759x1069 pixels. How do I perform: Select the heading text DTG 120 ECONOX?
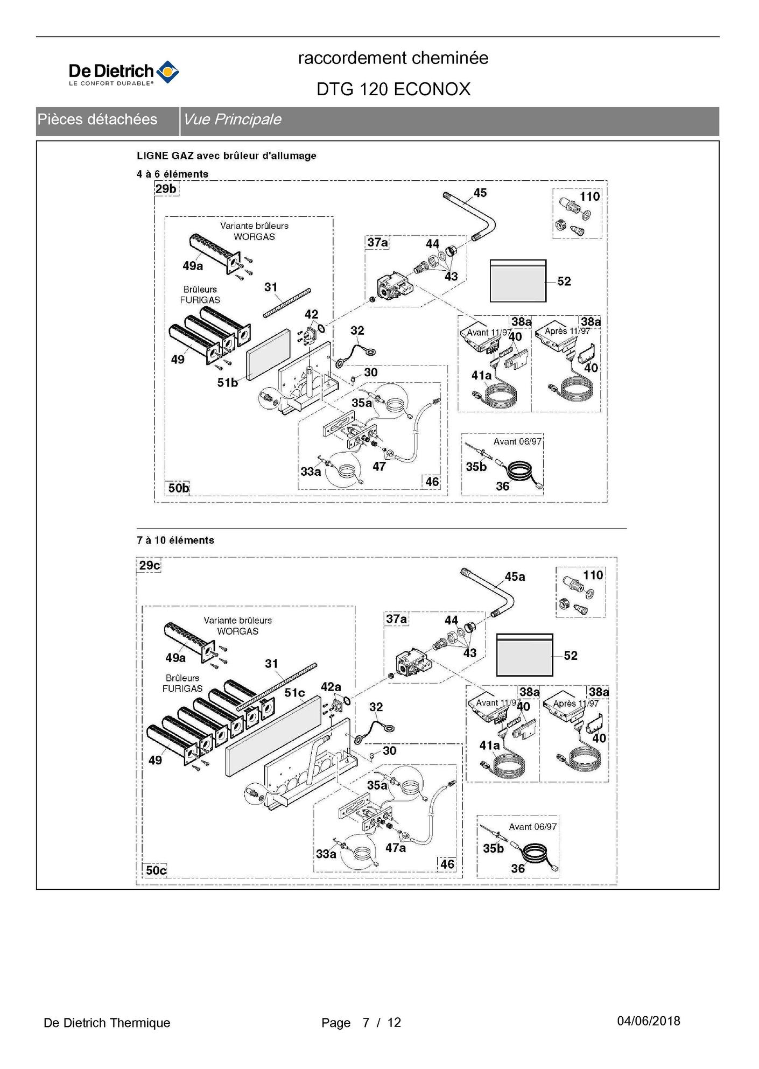[x=393, y=89]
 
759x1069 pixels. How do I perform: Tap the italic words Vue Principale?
[x=232, y=119]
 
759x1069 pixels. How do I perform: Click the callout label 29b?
[x=166, y=189]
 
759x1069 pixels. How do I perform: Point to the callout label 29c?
[x=149, y=565]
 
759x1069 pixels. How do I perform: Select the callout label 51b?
[x=227, y=383]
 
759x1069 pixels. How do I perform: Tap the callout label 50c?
[x=156, y=870]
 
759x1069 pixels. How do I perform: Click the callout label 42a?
[x=331, y=687]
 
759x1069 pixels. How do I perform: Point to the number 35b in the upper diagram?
[x=476, y=467]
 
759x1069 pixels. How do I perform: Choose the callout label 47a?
[x=395, y=848]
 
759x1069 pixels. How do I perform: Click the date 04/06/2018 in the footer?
[x=649, y=1021]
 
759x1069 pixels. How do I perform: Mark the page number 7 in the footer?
[x=366, y=1023]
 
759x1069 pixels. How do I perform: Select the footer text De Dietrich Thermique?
[x=107, y=1023]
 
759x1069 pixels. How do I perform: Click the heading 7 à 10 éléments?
[x=175, y=540]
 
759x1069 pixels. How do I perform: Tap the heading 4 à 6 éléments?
[x=172, y=174]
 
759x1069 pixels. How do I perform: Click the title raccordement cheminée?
[x=393, y=58]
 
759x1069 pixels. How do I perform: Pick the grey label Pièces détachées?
[x=97, y=119]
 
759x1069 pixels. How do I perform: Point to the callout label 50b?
[x=178, y=488]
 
